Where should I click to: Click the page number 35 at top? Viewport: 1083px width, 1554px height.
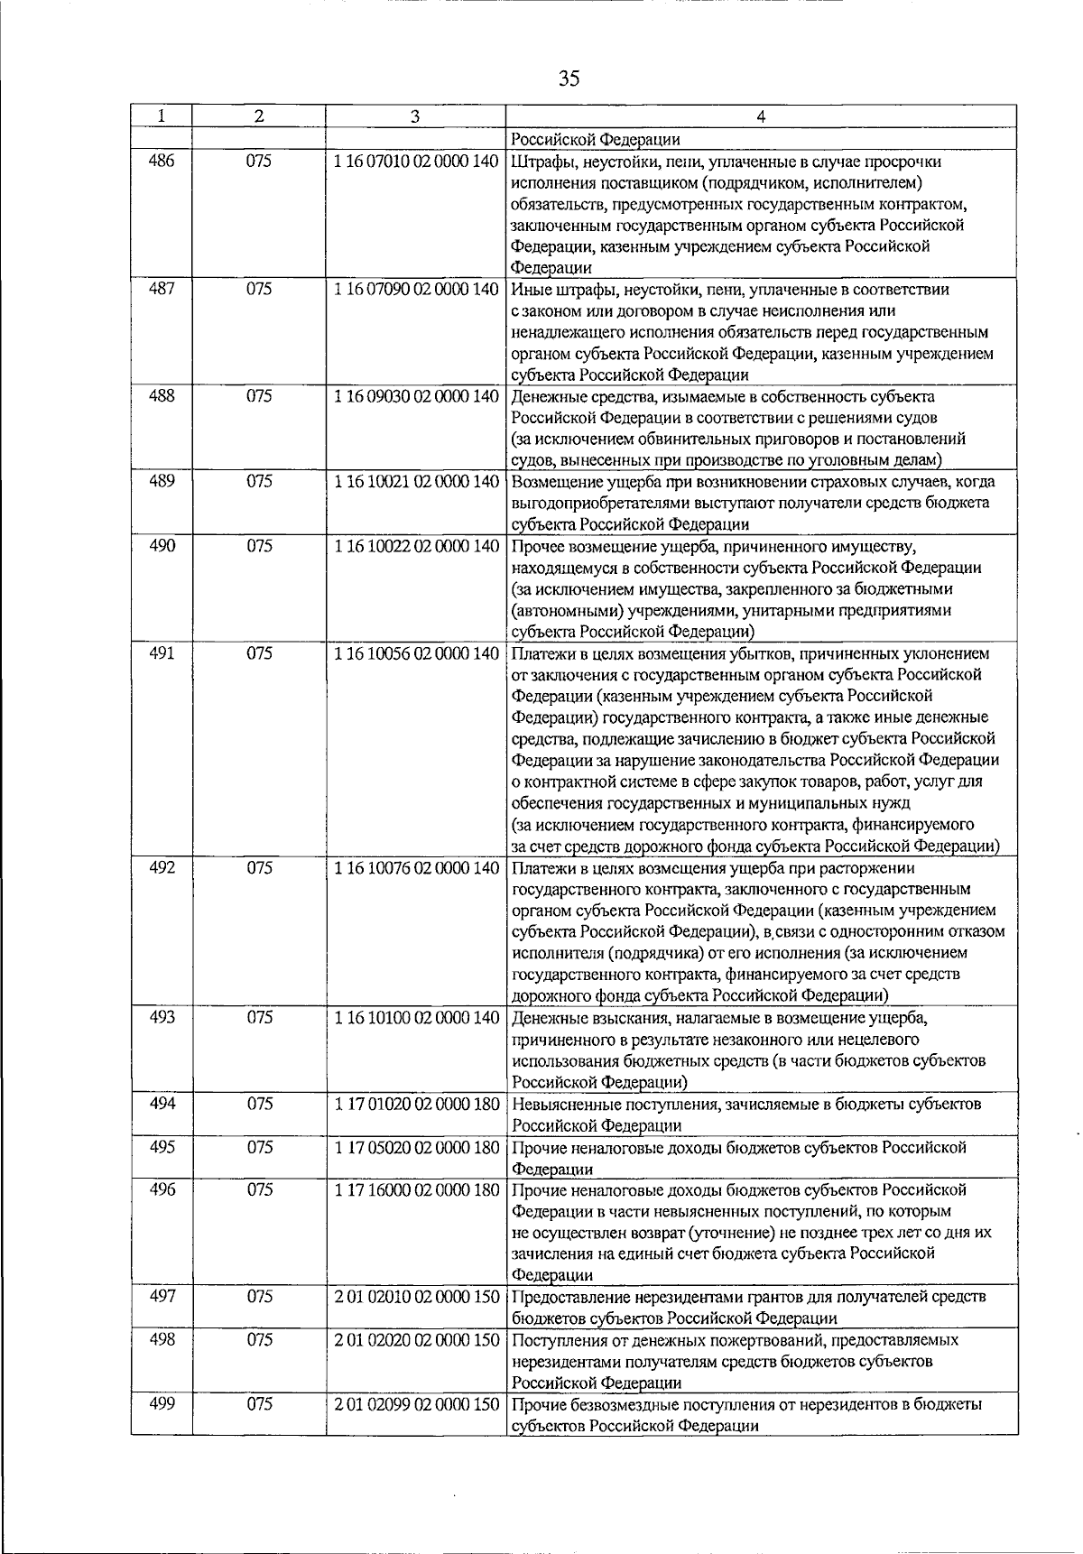(x=569, y=78)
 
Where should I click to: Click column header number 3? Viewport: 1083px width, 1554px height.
(x=414, y=116)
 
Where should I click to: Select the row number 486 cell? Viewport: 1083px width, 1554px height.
(x=161, y=162)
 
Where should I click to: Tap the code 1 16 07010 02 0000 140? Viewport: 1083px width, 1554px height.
(x=415, y=162)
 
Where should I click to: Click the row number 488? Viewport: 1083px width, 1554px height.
(x=161, y=395)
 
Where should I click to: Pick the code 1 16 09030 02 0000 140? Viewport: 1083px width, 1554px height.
(x=415, y=395)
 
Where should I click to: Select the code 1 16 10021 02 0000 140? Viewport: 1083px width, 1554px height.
(x=415, y=481)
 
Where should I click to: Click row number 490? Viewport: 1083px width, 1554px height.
(x=161, y=545)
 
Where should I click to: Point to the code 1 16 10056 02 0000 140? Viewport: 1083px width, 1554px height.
(x=415, y=652)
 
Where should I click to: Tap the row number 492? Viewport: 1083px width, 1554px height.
(x=161, y=867)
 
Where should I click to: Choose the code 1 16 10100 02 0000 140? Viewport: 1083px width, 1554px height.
(x=415, y=1017)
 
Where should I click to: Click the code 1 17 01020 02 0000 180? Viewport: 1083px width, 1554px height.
(x=415, y=1103)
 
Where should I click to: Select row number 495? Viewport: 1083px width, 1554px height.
(x=161, y=1146)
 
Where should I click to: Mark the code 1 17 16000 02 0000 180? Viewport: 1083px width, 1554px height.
(x=415, y=1189)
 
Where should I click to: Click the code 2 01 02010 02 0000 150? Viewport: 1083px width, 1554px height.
(x=415, y=1296)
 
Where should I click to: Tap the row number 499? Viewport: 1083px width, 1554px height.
(x=161, y=1403)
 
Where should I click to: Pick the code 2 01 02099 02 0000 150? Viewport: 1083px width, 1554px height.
(x=415, y=1403)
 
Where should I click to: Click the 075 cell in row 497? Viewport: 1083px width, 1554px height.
(x=259, y=1296)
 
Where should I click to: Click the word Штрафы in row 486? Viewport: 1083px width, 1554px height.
(x=540, y=162)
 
